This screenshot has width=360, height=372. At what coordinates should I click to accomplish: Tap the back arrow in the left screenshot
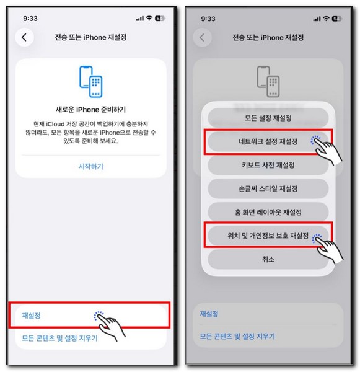[x=24, y=37]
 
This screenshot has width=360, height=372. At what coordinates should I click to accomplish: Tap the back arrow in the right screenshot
[x=201, y=38]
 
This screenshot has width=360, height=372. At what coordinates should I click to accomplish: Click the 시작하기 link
[x=90, y=166]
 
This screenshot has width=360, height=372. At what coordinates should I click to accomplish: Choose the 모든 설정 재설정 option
[x=268, y=118]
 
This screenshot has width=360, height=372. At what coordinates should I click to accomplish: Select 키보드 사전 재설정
[x=268, y=165]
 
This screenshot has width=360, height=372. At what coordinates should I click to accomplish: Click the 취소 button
[x=268, y=259]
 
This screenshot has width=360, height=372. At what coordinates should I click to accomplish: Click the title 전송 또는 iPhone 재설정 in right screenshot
[x=268, y=38]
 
